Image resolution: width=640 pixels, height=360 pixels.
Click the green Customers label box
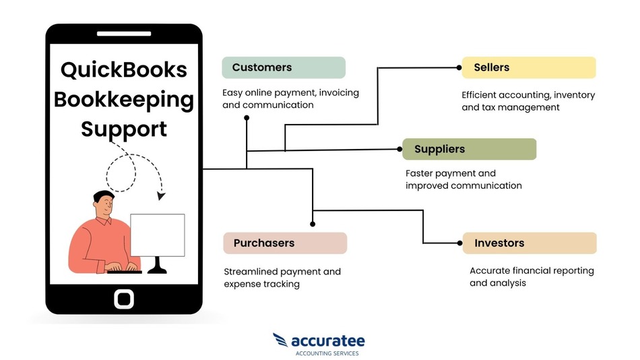(284, 67)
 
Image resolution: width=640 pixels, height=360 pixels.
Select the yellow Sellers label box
(529, 67)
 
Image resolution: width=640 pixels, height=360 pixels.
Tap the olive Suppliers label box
(469, 149)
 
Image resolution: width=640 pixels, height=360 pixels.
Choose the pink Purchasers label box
(285, 243)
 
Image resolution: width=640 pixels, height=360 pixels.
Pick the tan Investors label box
(530, 243)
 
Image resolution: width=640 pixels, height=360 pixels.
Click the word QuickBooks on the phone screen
(124, 70)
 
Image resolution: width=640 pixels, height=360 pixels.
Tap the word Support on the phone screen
(124, 130)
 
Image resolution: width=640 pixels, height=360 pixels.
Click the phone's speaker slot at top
(124, 34)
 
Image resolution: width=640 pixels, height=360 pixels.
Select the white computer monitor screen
(158, 235)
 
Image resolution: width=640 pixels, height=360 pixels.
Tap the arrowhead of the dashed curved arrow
(161, 196)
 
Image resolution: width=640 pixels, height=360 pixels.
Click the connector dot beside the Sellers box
(459, 67)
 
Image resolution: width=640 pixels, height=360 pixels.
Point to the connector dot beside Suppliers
(399, 149)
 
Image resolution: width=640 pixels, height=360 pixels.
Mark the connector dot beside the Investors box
(460, 243)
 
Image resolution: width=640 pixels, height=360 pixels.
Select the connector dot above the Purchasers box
(313, 224)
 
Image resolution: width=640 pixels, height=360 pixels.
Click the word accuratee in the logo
(328, 341)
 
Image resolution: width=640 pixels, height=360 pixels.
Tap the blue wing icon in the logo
(280, 340)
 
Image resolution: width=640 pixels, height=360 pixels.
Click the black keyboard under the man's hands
(125, 272)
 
